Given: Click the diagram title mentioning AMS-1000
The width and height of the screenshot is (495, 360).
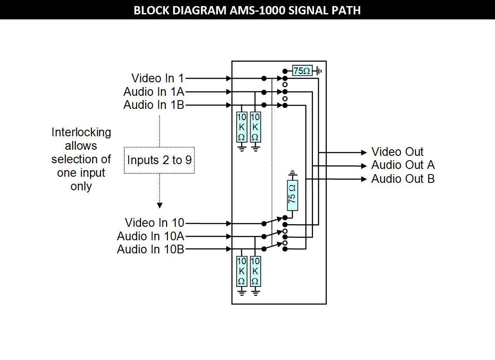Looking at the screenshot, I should click(247, 10).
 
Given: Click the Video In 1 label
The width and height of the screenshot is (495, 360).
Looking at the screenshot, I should click(157, 78).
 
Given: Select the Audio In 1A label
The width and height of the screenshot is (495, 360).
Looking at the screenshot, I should click(154, 92).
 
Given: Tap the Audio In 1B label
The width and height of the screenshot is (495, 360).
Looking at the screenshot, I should click(154, 105).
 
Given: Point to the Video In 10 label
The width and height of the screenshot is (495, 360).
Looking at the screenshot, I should click(154, 223).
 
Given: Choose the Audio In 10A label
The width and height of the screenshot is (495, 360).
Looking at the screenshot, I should click(151, 236).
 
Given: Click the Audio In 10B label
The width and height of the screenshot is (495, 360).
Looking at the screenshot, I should click(151, 249).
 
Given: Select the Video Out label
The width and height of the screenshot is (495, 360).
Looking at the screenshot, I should click(397, 152).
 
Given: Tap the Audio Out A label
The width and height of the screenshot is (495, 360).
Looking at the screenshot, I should click(403, 165).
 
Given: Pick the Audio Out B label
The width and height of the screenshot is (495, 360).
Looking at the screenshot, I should click(403, 179).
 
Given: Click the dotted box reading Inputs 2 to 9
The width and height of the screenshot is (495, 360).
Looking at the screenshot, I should click(159, 160).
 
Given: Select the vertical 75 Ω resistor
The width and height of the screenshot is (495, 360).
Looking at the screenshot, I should click(292, 194).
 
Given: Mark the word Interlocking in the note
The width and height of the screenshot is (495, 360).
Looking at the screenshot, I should click(81, 132).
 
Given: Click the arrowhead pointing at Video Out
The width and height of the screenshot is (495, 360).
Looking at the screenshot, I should click(364, 152).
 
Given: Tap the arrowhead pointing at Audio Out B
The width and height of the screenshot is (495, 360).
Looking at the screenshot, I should click(364, 179).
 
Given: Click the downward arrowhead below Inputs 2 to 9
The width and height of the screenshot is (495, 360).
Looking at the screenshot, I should click(160, 205).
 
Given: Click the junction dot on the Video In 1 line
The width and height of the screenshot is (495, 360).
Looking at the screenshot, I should click(264, 79).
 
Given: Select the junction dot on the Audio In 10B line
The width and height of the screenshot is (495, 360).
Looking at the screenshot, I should click(264, 249).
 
